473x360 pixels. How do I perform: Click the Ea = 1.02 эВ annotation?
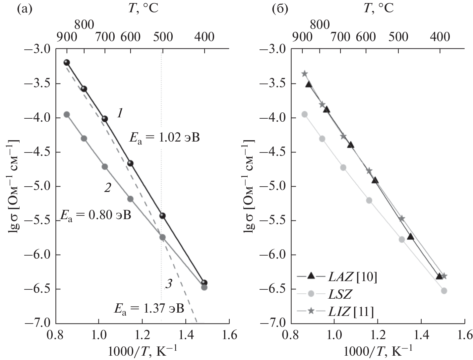164,137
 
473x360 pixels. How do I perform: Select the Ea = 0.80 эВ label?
95,215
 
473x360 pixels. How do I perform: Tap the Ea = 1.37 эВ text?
149,308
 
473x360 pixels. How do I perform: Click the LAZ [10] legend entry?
336,277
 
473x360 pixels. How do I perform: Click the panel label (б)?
279,8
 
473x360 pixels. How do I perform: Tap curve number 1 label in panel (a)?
120,114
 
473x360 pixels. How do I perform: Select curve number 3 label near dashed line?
168,284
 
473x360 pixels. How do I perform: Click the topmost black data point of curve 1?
67,62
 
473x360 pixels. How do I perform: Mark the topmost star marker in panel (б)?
305,74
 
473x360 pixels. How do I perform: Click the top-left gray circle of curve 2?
67,114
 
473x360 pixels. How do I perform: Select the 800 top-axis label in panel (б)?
320,25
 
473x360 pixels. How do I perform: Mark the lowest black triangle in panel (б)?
439,276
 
